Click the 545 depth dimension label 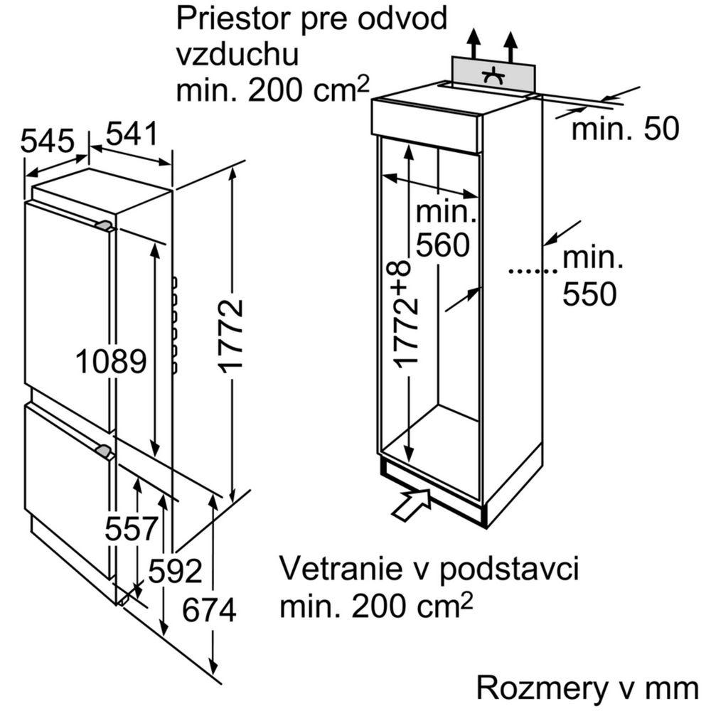pyautogui.click(x=47, y=141)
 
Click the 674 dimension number pyautogui.click(x=208, y=611)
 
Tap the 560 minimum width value pyautogui.click(x=444, y=245)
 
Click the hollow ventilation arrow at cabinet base pyautogui.click(x=412, y=502)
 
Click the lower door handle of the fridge pyautogui.click(x=104, y=451)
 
